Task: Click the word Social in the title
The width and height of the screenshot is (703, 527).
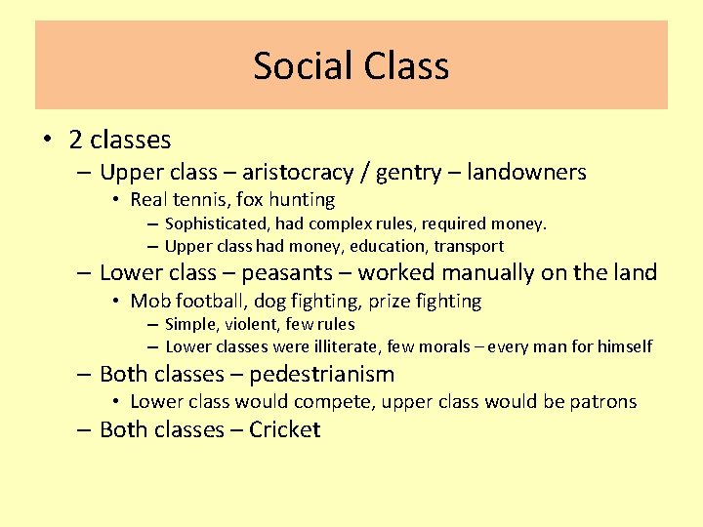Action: (302, 65)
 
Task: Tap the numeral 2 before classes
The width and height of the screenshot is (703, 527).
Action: (75, 140)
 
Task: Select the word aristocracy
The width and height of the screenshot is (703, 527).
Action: (298, 173)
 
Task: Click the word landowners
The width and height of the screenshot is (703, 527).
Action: (526, 173)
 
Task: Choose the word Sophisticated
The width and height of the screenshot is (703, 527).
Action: (219, 224)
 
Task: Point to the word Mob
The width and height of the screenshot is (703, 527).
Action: (149, 301)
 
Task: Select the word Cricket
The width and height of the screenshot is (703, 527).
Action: (284, 430)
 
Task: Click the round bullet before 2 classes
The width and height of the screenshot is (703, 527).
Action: (47, 140)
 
